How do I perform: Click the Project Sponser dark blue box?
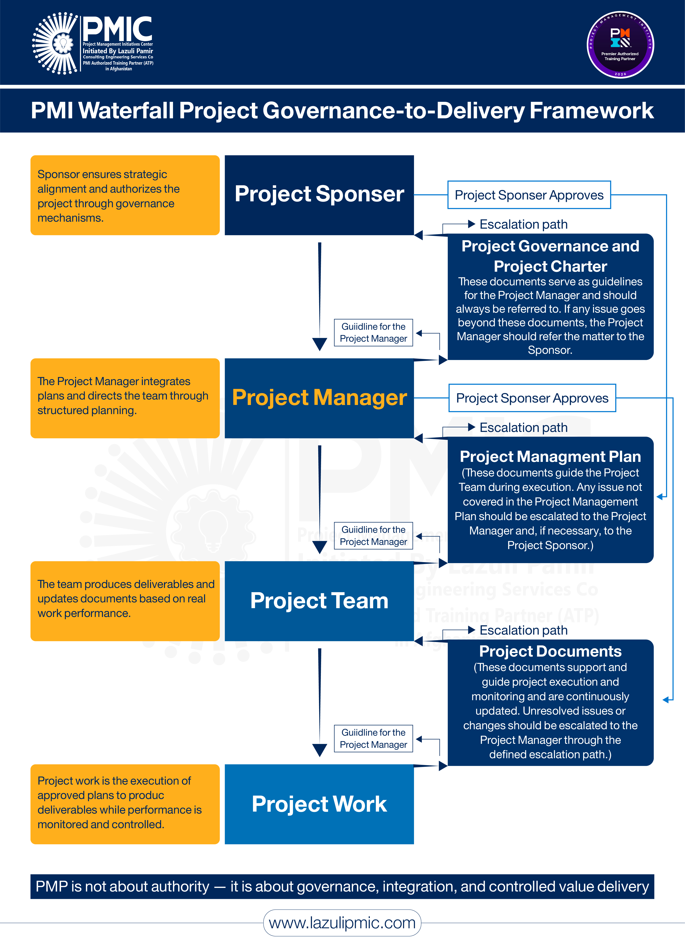[319, 195]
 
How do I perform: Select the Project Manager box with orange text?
[319, 398]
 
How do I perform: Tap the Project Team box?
[319, 601]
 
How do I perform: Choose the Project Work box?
[319, 804]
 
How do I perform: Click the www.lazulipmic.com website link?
[342, 923]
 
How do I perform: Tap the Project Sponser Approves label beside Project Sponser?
[529, 195]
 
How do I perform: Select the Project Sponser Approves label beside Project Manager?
[532, 398]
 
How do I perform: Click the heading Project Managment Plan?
[550, 456]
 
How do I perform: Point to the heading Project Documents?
[550, 651]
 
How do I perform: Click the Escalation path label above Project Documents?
[523, 630]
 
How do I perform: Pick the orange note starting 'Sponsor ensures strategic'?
[125, 195]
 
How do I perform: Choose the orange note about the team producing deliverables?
[125, 601]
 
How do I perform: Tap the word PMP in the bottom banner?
[51, 886]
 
